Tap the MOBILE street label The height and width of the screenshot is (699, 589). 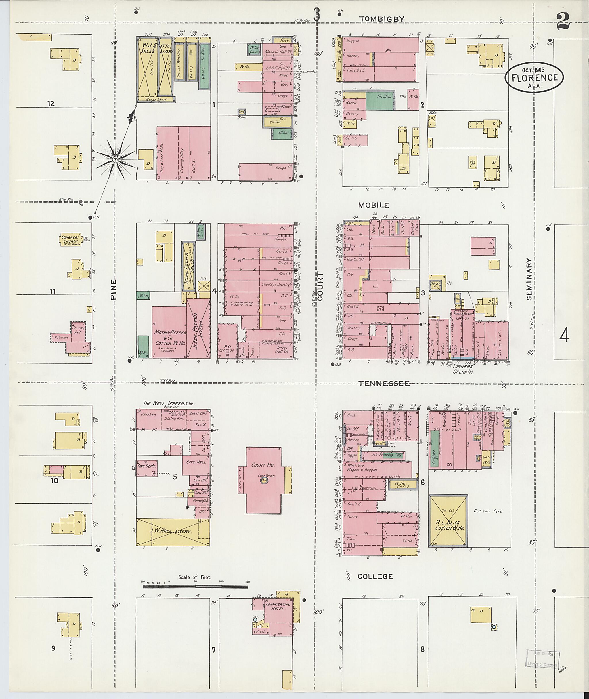tap(374, 205)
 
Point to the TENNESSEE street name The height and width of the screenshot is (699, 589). tap(384, 383)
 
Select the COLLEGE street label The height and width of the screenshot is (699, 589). tap(375, 576)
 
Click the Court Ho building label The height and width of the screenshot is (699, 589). tap(263, 465)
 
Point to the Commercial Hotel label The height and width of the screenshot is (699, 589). tap(278, 606)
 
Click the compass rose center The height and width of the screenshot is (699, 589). tap(116, 160)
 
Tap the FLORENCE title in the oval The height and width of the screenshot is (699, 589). tap(535, 77)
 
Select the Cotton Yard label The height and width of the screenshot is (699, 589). tap(488, 511)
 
